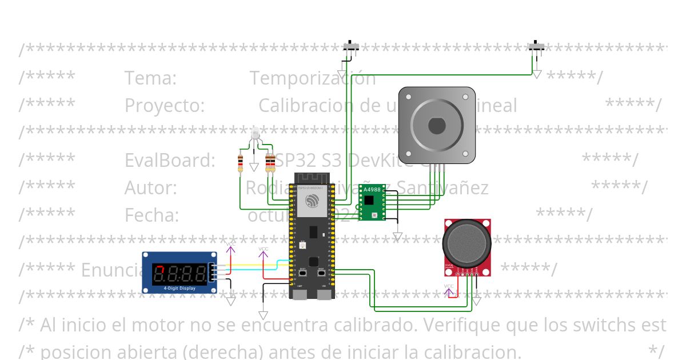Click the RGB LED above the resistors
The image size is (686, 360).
click(255, 134)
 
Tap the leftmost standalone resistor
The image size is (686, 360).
click(241, 163)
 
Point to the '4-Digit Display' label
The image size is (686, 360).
click(180, 288)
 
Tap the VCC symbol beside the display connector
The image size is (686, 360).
click(230, 246)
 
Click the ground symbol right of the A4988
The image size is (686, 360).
click(397, 236)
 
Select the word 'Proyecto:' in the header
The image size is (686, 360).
click(165, 106)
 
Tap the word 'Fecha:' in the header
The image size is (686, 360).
click(152, 215)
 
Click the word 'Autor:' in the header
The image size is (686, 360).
click(151, 188)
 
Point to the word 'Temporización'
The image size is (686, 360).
click(313, 78)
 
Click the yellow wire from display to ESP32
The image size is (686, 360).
click(252, 265)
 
